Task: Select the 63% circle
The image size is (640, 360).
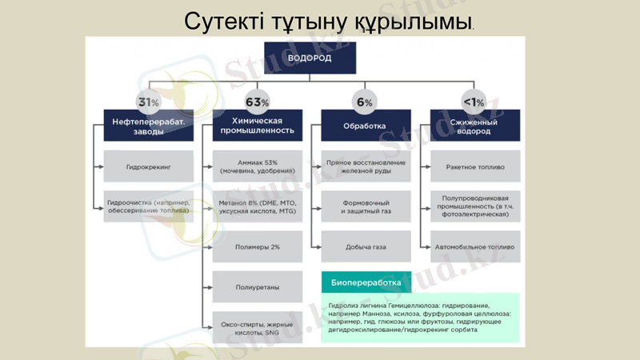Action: tap(257, 102)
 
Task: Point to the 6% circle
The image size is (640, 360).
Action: tap(364, 102)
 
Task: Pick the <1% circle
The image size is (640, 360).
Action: tap(474, 102)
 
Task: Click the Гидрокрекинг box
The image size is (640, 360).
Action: tap(149, 167)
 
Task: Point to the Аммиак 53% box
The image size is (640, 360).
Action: tap(257, 166)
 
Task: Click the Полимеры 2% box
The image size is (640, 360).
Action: tap(257, 247)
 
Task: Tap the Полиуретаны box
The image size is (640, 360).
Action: tap(257, 286)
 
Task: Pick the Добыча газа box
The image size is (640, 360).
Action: tap(366, 247)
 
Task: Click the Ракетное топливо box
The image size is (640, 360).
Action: tap(474, 167)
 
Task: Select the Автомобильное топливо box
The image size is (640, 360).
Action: tap(474, 247)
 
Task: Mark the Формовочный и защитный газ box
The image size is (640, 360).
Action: tap(366, 206)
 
